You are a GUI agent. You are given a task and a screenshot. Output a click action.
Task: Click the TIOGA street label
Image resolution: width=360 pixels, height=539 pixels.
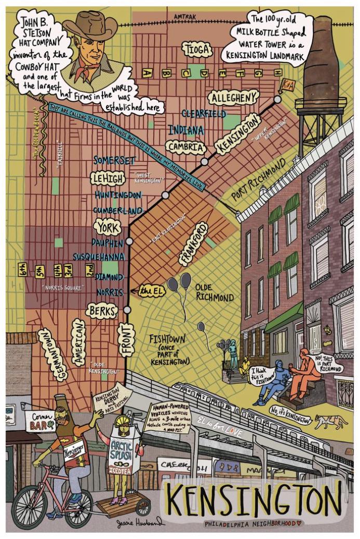(196, 49)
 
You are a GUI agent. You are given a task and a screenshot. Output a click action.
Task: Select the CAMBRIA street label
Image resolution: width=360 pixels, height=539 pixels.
(186, 147)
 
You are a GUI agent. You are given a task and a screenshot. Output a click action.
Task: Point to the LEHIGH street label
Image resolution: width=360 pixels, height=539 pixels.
(108, 178)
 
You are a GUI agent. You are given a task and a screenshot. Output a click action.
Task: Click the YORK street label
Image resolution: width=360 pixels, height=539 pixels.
(108, 227)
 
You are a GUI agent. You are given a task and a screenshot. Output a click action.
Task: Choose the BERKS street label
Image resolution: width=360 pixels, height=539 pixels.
(103, 310)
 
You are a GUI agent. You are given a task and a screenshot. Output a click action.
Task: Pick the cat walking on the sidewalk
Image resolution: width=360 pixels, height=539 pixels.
(330, 421)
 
